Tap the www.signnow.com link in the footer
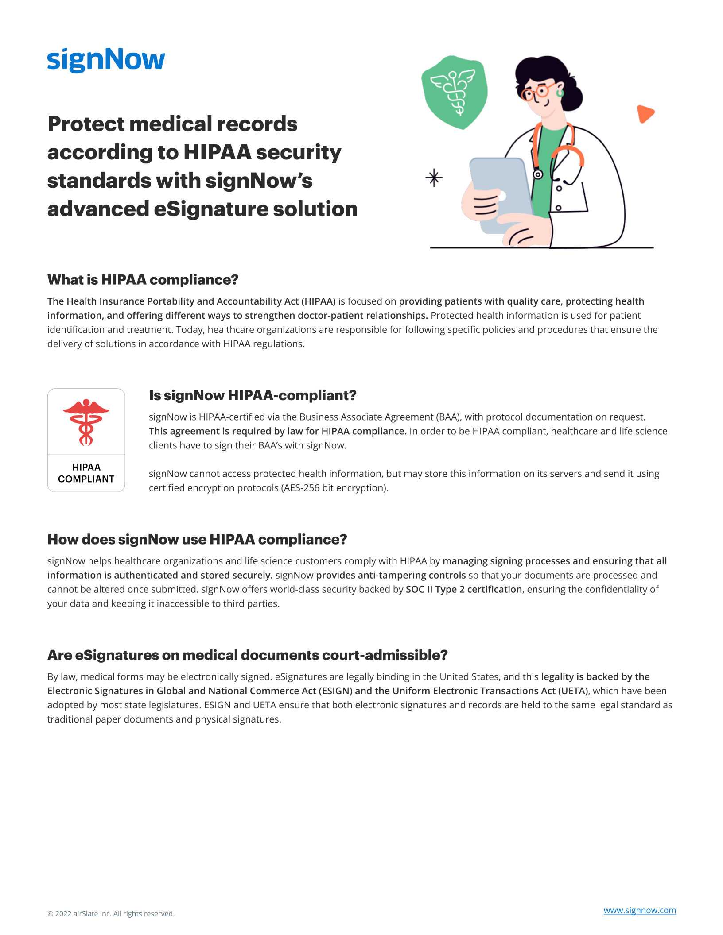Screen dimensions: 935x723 [639, 910]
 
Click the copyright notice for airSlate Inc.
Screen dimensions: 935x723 [111, 913]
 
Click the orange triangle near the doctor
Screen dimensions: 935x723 [645, 113]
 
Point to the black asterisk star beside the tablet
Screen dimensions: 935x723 [434, 178]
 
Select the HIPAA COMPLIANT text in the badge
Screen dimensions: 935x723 [86, 473]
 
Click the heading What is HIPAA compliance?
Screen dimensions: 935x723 [143, 280]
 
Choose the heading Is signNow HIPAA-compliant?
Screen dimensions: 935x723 [253, 395]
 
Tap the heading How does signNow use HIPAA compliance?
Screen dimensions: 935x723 [197, 540]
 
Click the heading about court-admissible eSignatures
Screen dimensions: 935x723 [247, 655]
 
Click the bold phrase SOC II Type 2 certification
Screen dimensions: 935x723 [463, 589]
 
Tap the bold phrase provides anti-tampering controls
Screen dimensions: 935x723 [391, 575]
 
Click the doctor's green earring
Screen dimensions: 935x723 [560, 93]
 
